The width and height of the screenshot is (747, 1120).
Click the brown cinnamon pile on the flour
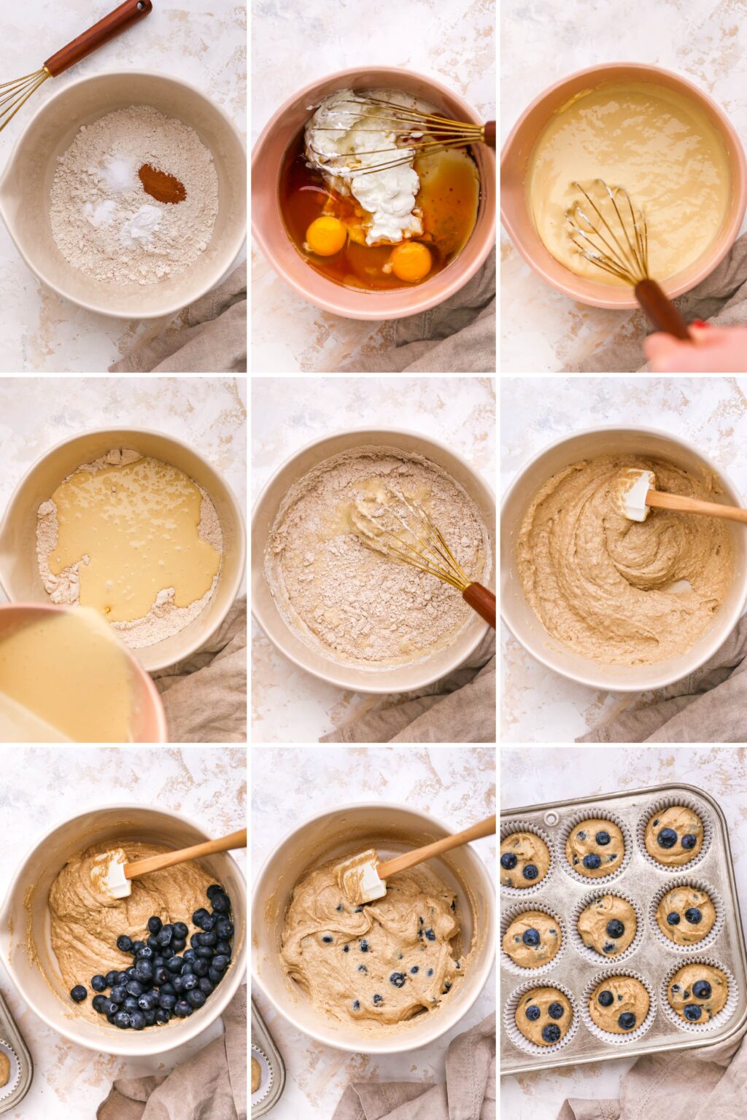click(162, 184)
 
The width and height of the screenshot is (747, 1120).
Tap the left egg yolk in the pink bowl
click(326, 236)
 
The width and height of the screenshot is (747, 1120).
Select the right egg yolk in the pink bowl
click(411, 261)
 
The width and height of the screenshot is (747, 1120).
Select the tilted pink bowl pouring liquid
click(73, 671)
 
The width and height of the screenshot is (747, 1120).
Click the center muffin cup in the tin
click(607, 925)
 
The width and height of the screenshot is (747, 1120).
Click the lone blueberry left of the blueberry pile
click(78, 993)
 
